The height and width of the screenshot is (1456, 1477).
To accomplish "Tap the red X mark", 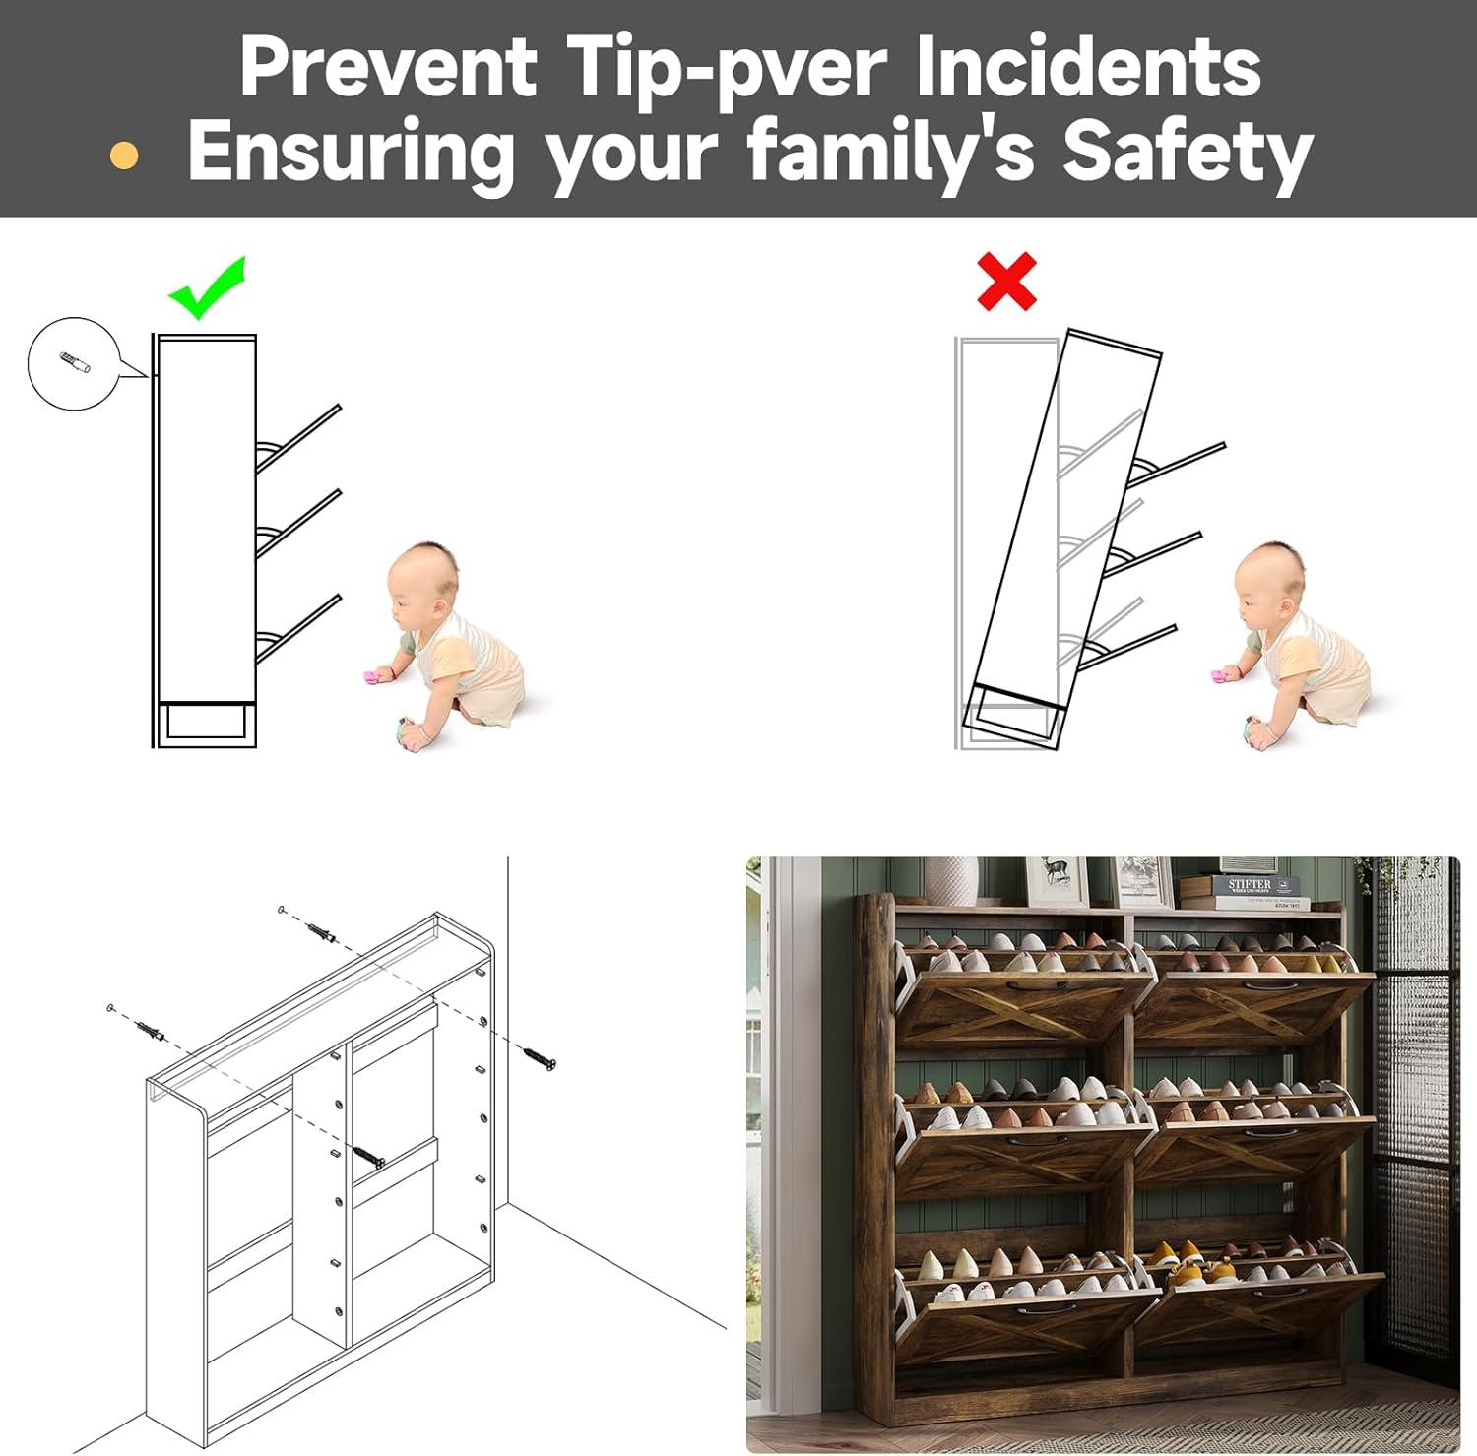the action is coord(1006,281).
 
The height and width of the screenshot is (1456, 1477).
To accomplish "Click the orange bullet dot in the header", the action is coord(124,155).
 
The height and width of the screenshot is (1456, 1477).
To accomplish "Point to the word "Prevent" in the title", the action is coord(389,66).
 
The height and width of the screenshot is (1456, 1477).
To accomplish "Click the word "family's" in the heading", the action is coord(890,151).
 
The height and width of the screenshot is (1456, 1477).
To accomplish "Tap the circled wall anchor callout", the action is coord(74,363).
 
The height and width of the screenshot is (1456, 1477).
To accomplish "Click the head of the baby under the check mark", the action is coord(423,582).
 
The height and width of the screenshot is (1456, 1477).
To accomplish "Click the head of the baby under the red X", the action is coord(1271,582).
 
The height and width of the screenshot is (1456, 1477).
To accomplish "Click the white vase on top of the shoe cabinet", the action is coord(950,881).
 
